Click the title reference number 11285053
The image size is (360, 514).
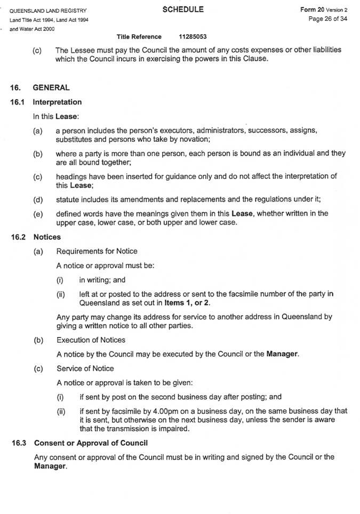pyautogui.click(x=193, y=37)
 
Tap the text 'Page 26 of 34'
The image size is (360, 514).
pyautogui.click(x=328, y=19)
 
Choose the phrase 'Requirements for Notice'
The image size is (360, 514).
pyautogui.click(x=97, y=251)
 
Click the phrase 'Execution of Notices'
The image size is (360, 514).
pyautogui.click(x=91, y=340)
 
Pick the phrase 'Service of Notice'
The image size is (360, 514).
pyautogui.click(x=85, y=368)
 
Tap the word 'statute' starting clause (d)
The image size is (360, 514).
pyautogui.click(x=67, y=200)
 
